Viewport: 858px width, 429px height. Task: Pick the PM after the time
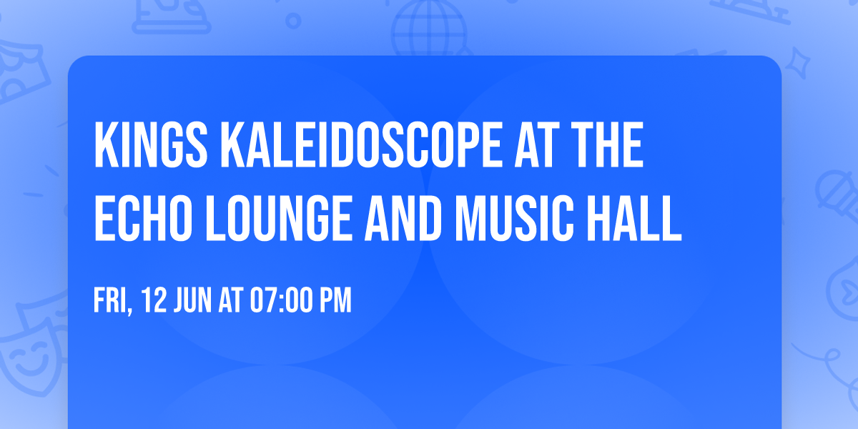tap(335, 301)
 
